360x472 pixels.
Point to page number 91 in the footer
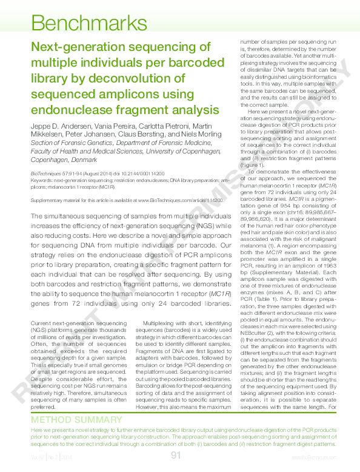(176, 455)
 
